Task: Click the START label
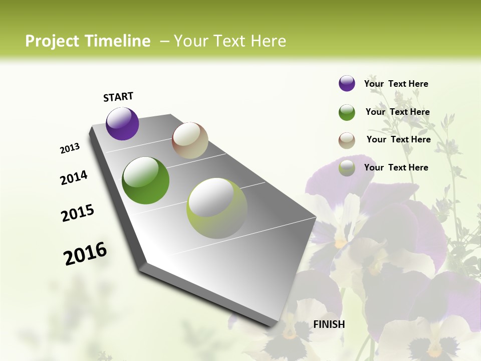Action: (x=118, y=97)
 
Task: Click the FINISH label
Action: (x=329, y=324)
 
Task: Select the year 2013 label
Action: (x=70, y=148)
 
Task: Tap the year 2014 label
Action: (x=74, y=178)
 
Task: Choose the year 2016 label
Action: (x=85, y=254)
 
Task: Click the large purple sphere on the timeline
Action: (x=122, y=123)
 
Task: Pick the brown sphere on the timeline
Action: (x=190, y=140)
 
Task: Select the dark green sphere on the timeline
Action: (x=146, y=180)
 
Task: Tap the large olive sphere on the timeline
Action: (x=217, y=208)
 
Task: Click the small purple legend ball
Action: (x=347, y=83)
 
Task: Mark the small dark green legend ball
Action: (x=347, y=112)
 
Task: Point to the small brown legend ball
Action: (x=347, y=140)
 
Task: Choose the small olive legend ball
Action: (x=347, y=168)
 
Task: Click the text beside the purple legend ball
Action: (x=396, y=84)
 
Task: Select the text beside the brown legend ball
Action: (x=398, y=139)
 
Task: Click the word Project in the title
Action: (x=52, y=41)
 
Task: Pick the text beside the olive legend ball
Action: (x=396, y=167)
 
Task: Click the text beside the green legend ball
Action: (x=397, y=112)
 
